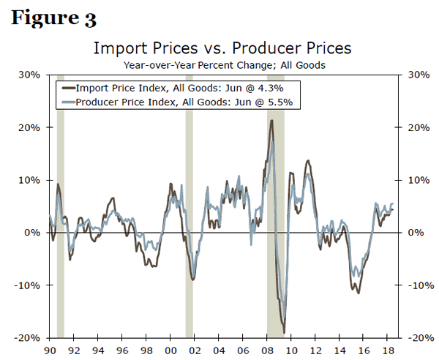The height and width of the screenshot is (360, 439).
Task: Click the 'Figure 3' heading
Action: click(53, 18)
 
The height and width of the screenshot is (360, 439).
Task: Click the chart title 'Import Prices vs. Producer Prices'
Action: click(222, 48)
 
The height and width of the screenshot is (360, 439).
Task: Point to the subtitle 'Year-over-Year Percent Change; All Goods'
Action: click(223, 64)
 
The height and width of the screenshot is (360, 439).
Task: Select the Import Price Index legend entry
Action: click(176, 87)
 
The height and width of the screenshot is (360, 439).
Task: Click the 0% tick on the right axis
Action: click(418, 233)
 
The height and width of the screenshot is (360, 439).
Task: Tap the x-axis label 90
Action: click(50, 349)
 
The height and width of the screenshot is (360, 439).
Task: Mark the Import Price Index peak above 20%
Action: click(271, 121)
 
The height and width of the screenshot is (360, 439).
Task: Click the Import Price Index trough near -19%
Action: click(284, 331)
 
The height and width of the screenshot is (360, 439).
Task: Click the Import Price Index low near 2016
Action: click(359, 293)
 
